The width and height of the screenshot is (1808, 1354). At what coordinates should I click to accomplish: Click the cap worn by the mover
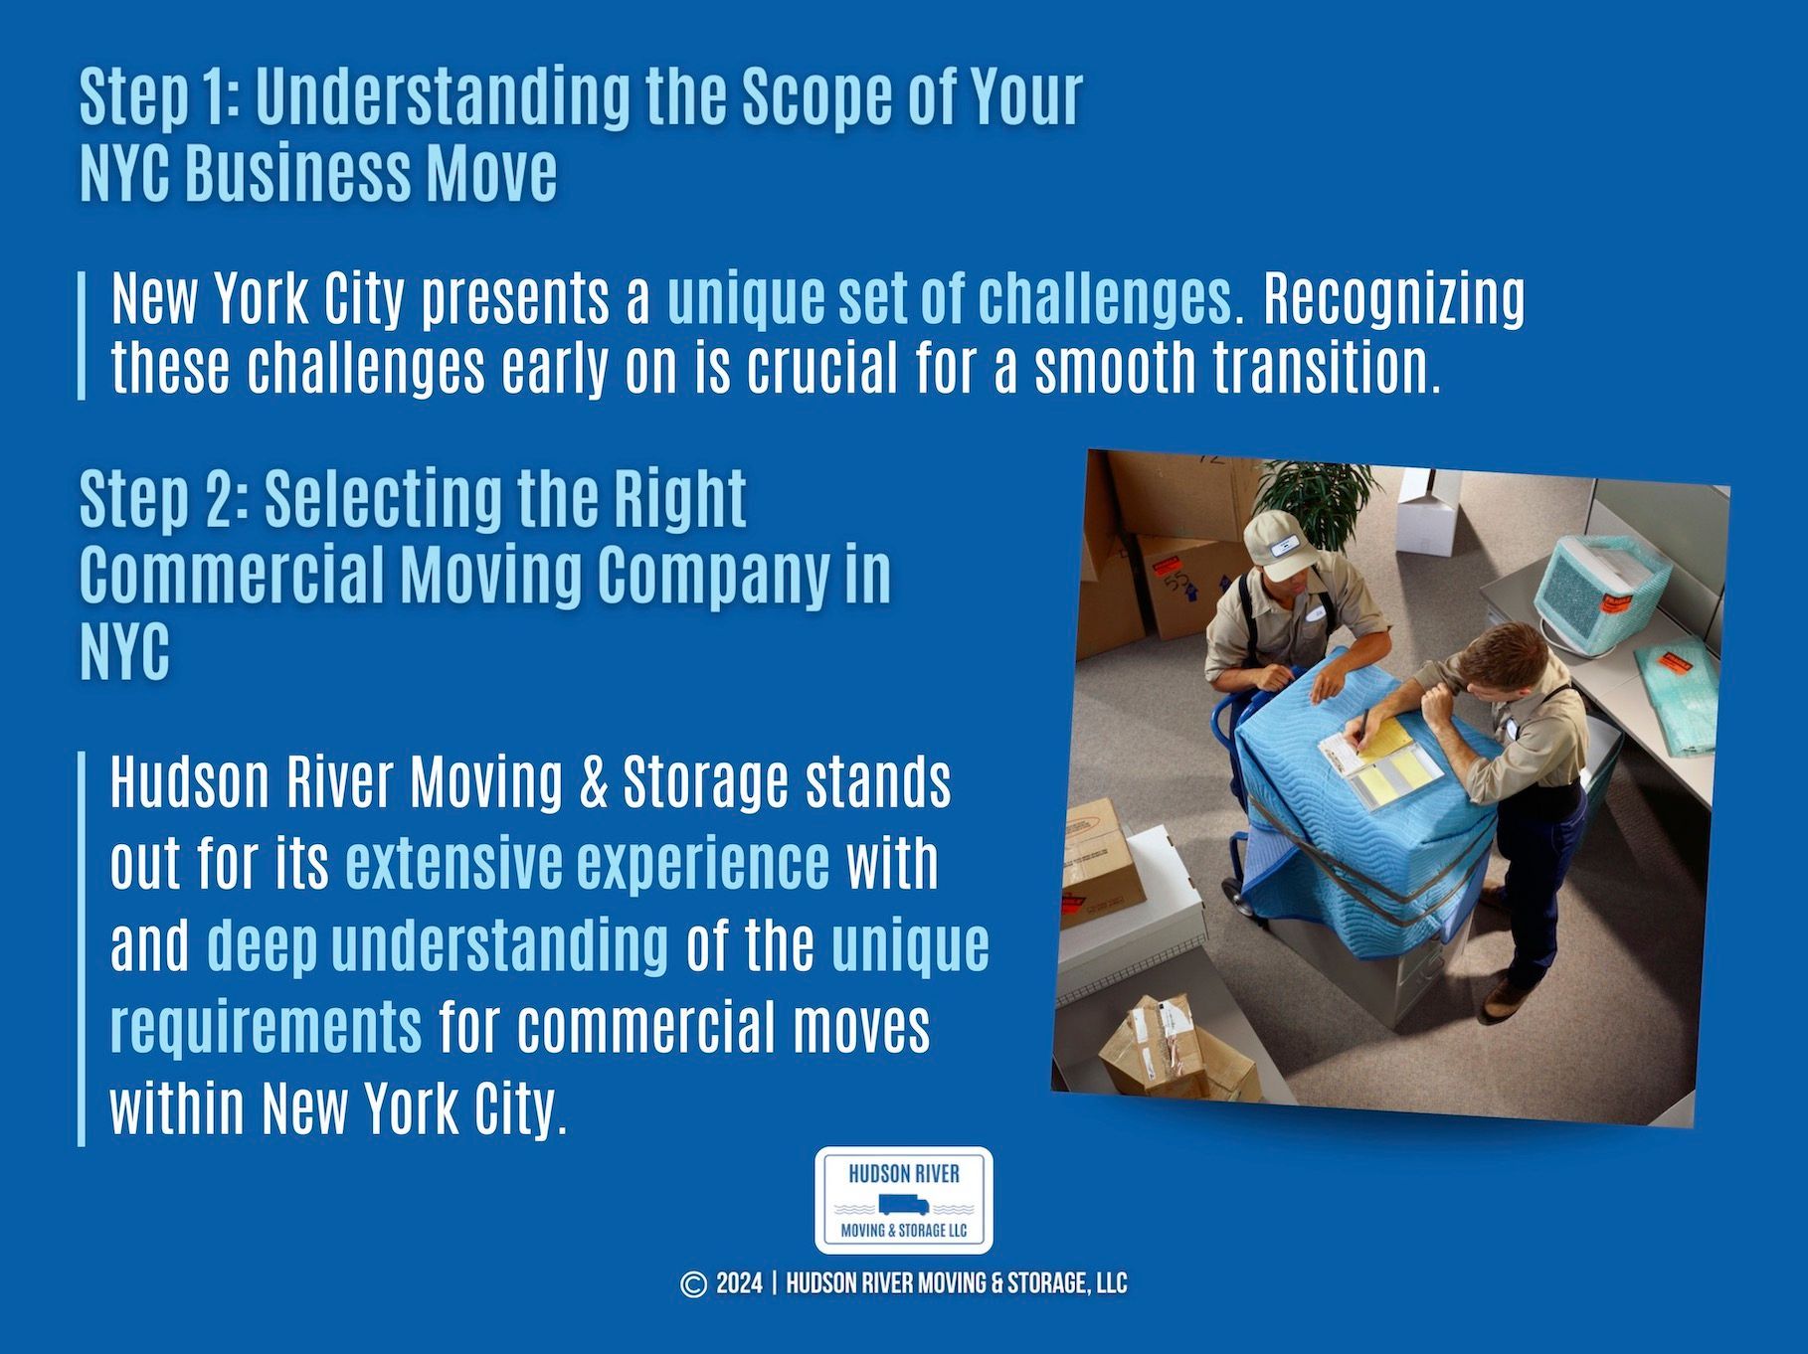(x=1279, y=544)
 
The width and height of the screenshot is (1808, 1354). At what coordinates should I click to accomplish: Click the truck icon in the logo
(x=903, y=1206)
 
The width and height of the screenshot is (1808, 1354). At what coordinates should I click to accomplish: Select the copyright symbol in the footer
(x=693, y=1284)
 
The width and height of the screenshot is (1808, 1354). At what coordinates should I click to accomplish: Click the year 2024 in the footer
(x=739, y=1284)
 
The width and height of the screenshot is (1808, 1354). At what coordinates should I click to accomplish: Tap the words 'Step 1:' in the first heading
(x=159, y=98)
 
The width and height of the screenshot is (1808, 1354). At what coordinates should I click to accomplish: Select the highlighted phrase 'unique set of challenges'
(x=949, y=298)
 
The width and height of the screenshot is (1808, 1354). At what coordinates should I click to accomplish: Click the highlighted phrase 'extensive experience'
(x=587, y=863)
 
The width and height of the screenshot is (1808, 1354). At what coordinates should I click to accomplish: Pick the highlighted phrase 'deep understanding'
(x=438, y=944)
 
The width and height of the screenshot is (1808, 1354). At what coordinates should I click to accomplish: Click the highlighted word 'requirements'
(x=266, y=1026)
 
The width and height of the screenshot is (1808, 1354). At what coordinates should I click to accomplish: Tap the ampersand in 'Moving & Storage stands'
(x=594, y=783)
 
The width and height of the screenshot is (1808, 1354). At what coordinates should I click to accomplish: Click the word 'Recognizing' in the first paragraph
(x=1393, y=298)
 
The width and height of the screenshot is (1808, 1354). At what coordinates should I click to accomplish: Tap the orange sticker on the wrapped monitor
(x=1614, y=605)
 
